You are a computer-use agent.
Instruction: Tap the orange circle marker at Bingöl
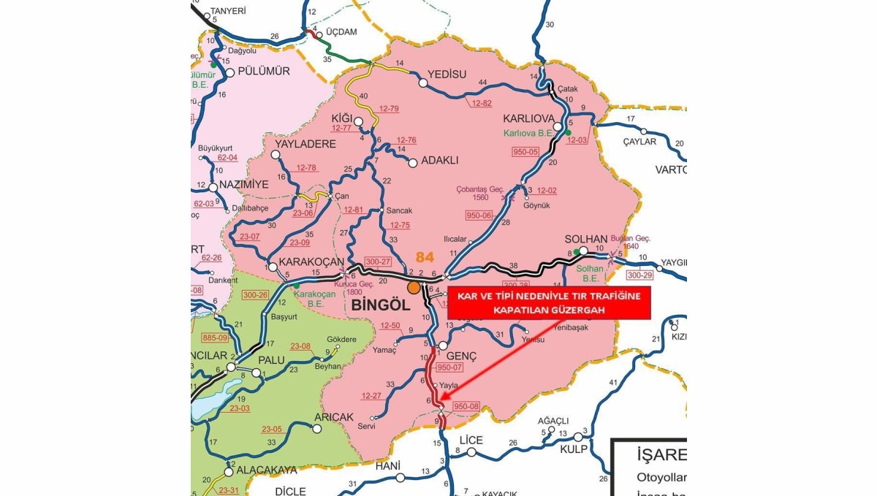click(414, 287)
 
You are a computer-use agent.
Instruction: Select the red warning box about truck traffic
click(549, 302)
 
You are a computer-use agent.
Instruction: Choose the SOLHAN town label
click(586, 240)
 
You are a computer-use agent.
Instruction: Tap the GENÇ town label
click(461, 355)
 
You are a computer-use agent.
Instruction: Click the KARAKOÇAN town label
click(305, 261)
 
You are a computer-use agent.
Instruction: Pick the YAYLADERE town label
click(305, 144)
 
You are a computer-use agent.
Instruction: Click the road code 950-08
click(466, 406)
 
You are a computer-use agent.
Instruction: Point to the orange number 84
click(425, 257)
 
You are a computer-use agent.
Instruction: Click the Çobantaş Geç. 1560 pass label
click(481, 192)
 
